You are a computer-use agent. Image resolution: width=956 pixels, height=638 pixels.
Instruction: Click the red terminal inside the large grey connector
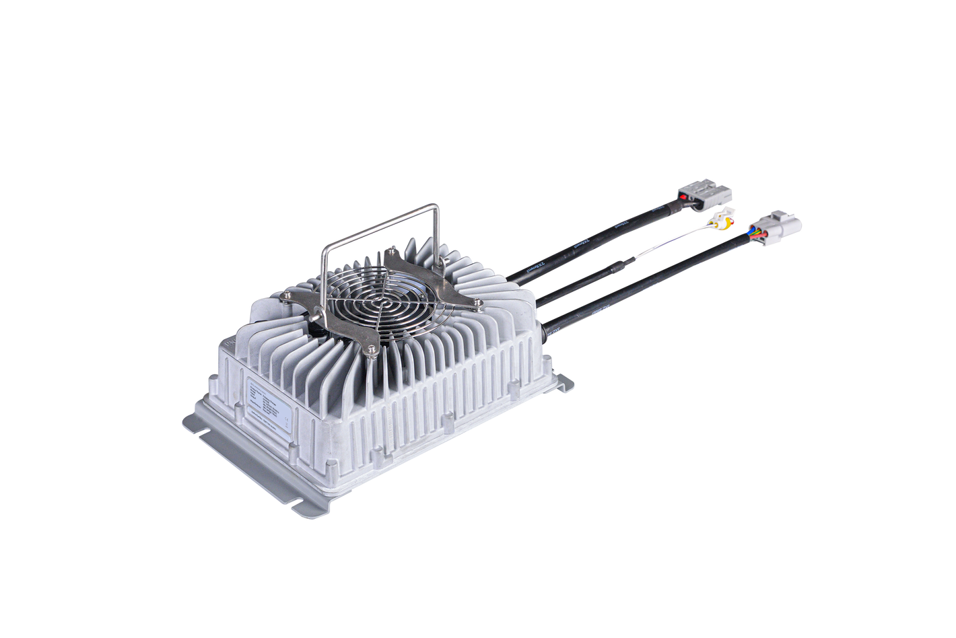click(685, 197)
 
